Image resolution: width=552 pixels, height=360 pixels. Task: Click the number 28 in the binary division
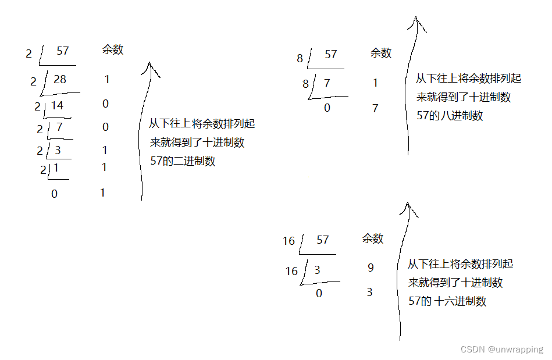tap(60, 79)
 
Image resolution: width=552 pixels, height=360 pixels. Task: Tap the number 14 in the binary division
tap(57, 105)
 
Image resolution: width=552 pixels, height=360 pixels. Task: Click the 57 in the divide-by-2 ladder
tap(63, 51)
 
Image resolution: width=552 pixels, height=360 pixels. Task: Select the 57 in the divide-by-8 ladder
tap(331, 55)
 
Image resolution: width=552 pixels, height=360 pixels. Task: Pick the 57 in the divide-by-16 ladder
tap(323, 240)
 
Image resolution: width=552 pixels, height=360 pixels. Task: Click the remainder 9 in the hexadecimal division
tap(371, 268)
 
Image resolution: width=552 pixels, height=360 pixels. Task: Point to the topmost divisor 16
tap(289, 241)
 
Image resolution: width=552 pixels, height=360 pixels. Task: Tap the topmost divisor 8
tap(300, 58)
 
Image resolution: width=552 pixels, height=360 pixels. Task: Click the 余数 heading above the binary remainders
tap(113, 50)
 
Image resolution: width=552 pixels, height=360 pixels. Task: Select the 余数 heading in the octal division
tap(381, 54)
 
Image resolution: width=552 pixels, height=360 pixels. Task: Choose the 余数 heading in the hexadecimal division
tap(373, 238)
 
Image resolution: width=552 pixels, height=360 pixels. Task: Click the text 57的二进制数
tap(183, 162)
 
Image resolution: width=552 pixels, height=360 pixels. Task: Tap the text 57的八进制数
tap(450, 116)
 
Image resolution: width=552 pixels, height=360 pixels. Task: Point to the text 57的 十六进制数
tap(447, 301)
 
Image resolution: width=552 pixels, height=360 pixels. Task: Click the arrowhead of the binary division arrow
tap(151, 67)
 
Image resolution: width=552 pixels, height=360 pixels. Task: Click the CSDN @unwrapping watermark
tap(501, 350)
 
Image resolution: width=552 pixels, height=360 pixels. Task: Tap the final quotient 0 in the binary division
tap(55, 194)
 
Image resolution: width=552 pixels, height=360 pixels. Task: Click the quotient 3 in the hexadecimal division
tap(318, 270)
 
